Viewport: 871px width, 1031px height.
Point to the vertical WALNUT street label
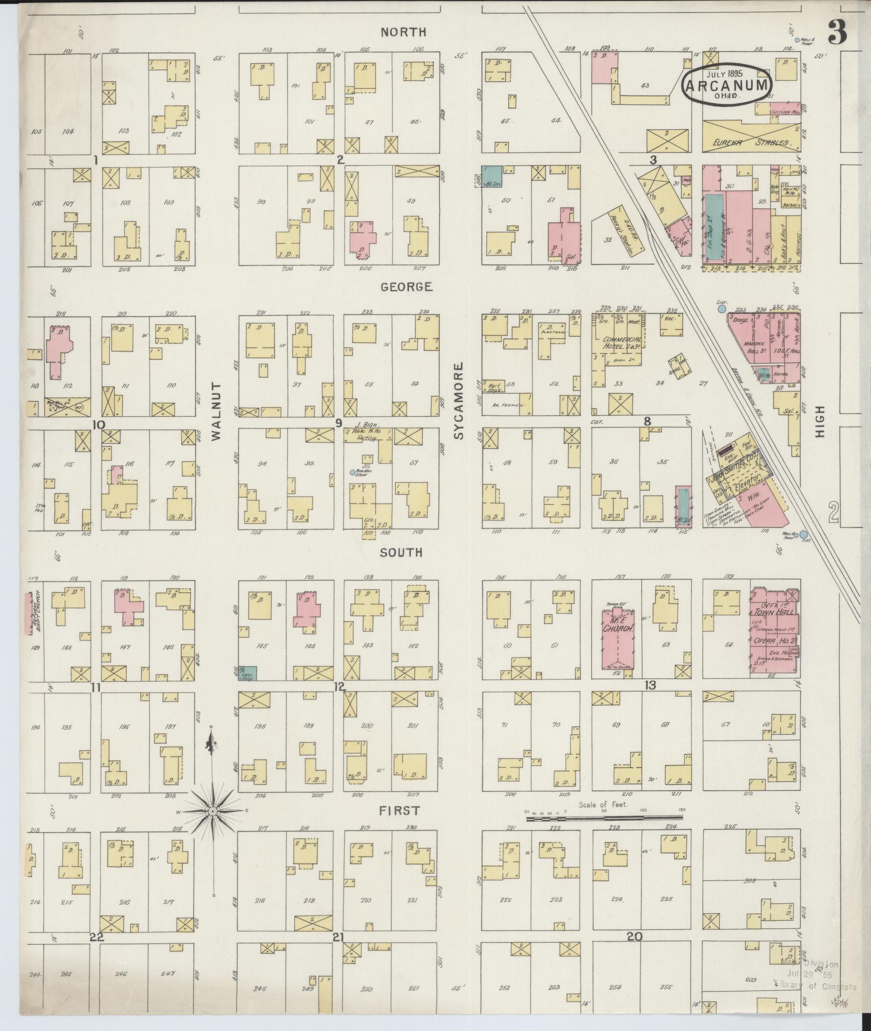216,411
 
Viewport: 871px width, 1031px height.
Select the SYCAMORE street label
459,401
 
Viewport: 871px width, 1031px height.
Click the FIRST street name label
399,826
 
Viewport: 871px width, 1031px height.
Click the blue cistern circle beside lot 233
722,308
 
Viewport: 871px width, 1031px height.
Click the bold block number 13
650,685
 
